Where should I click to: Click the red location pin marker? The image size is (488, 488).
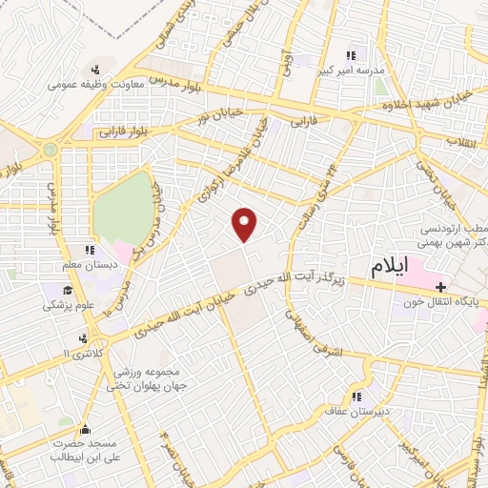click(245, 224)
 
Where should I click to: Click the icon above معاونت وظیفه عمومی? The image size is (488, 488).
click(95, 69)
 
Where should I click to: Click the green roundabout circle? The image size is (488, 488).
click(50, 150)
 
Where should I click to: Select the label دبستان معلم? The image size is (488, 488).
click(89, 266)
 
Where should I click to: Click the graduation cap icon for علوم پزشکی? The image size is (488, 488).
click(50, 292)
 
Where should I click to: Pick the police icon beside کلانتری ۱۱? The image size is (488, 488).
click(85, 337)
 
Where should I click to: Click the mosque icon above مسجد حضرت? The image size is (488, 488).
click(86, 430)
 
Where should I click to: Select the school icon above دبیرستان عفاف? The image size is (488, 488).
click(356, 397)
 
